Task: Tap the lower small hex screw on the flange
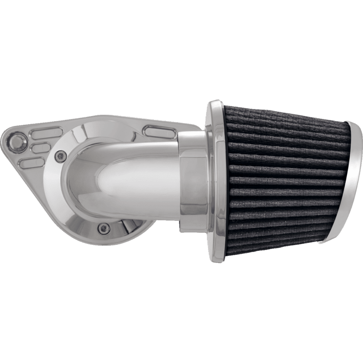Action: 104,228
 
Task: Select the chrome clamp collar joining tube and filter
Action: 193,181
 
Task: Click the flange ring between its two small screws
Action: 73,200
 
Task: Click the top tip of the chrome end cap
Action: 348,123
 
